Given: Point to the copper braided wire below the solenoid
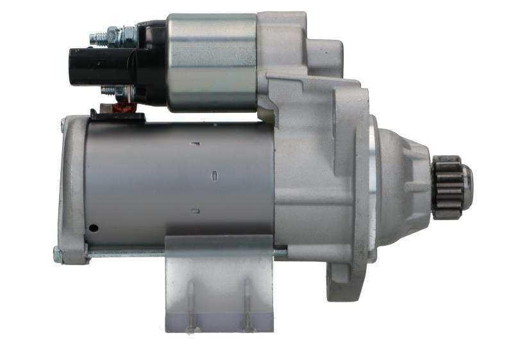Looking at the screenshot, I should coord(120,108).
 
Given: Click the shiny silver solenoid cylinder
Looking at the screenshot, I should coord(212,62).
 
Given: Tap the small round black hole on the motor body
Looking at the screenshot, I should coord(94,228).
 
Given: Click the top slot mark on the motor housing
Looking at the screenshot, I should coord(195,143).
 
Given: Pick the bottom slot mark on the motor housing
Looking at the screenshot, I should coord(196,210).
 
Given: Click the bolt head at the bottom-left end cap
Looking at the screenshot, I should coord(58,255).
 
